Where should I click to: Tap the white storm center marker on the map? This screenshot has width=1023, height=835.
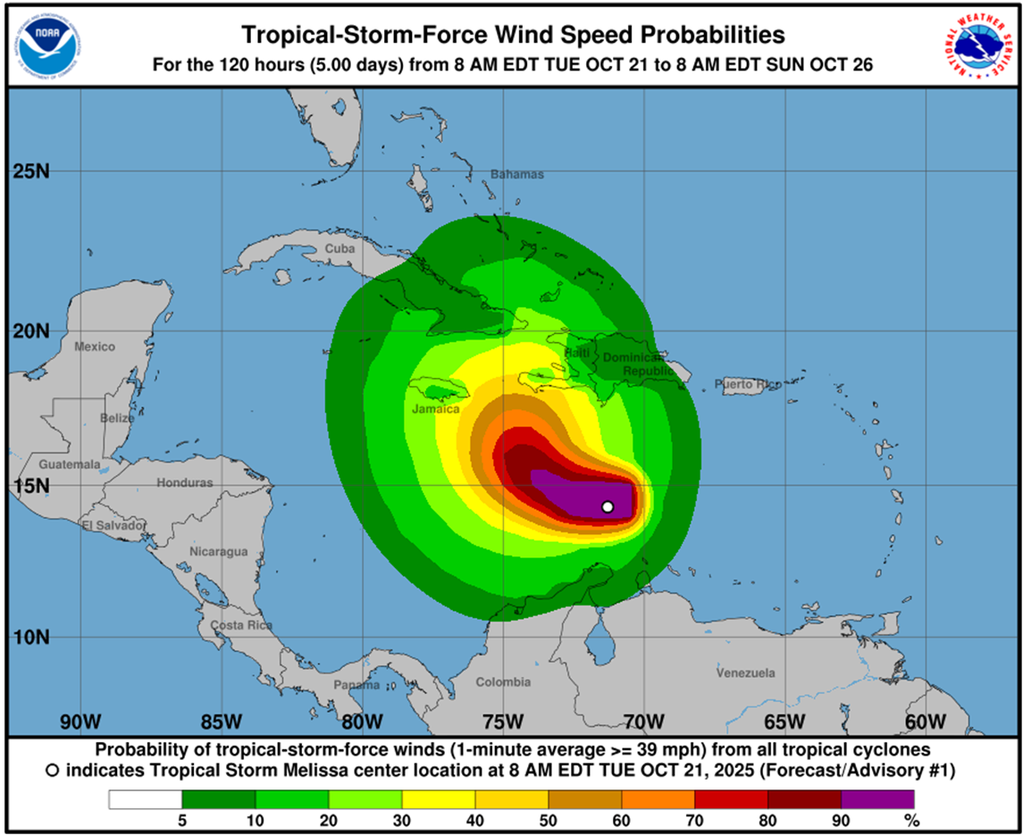pos(608,506)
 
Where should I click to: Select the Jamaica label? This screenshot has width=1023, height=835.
pos(436,409)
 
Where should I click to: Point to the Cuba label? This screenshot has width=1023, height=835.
pos(340,248)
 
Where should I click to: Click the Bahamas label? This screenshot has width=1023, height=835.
pos(517,174)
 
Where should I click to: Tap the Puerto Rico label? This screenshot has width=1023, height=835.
pos(747,384)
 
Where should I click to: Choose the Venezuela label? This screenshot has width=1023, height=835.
pos(746,672)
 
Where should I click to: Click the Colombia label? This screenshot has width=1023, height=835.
pos(503,682)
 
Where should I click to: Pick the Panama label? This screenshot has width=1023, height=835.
pos(356,685)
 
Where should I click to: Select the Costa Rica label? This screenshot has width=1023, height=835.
pos(241,625)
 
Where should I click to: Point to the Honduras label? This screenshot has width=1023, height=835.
pos(185,482)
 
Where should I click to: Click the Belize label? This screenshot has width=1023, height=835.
pos(117,418)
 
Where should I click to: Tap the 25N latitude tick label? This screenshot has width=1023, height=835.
pos(31,171)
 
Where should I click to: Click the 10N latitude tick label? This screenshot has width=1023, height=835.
pos(31,637)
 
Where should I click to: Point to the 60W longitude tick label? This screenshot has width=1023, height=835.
pos(926,722)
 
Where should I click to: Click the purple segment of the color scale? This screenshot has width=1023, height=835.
pos(877,799)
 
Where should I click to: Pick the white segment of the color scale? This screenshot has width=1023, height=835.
pos(145,799)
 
